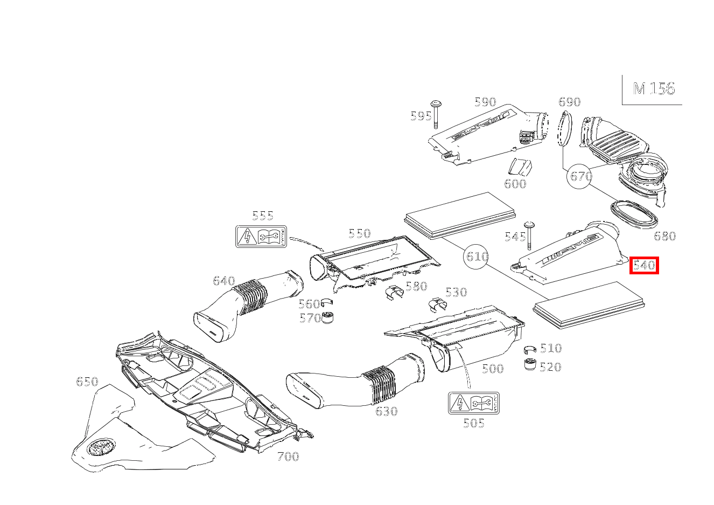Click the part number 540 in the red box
click(x=644, y=265)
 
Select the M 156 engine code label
click(x=654, y=89)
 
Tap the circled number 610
click(x=477, y=257)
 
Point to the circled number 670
click(x=580, y=176)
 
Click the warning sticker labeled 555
click(x=261, y=237)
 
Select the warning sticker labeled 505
click(x=474, y=403)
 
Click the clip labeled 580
click(x=395, y=293)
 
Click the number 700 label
click(x=288, y=457)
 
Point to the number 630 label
click(x=386, y=411)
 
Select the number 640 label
click(x=224, y=281)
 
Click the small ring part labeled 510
click(x=530, y=349)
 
